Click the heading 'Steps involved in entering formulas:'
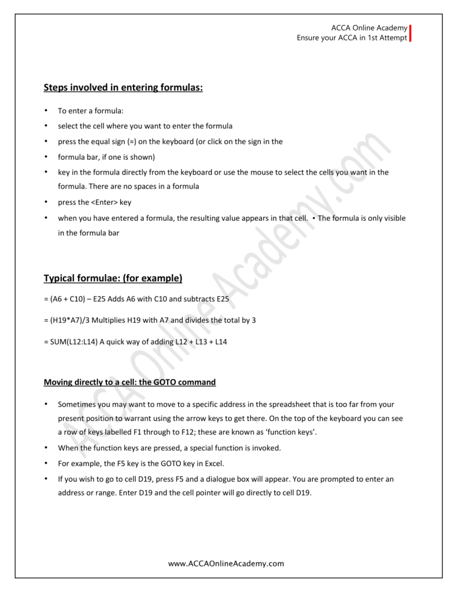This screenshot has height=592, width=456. click(x=123, y=87)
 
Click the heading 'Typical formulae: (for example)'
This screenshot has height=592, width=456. click(x=113, y=278)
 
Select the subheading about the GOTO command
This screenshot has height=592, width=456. click(x=129, y=382)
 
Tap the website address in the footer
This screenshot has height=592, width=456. click(x=226, y=563)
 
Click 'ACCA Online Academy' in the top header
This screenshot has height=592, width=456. click(x=369, y=28)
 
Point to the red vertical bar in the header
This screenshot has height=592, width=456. click(x=410, y=33)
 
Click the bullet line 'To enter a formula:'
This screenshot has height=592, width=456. click(x=91, y=110)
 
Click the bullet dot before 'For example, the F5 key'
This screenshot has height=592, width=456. click(x=46, y=464)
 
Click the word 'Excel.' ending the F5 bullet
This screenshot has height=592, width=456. click(x=212, y=464)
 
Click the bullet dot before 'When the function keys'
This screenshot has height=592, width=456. click(x=46, y=447)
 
